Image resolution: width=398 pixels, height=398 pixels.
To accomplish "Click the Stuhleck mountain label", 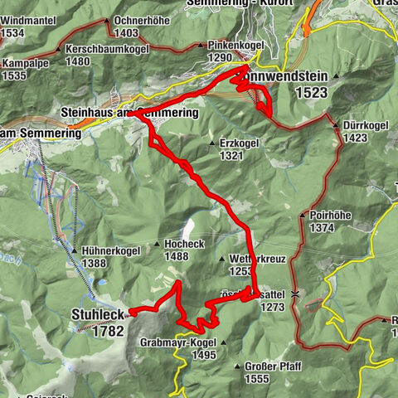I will click(98, 315).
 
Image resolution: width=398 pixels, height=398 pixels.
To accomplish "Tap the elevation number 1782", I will click(108, 330).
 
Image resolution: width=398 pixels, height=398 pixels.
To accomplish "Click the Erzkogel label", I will click(240, 143).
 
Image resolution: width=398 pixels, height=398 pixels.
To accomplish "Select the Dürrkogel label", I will click(366, 127).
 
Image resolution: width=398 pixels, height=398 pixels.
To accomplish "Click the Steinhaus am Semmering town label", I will click(129, 111).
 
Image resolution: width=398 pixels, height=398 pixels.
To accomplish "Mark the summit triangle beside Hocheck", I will click(157, 245).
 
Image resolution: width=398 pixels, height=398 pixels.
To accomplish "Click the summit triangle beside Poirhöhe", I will click(302, 215).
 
